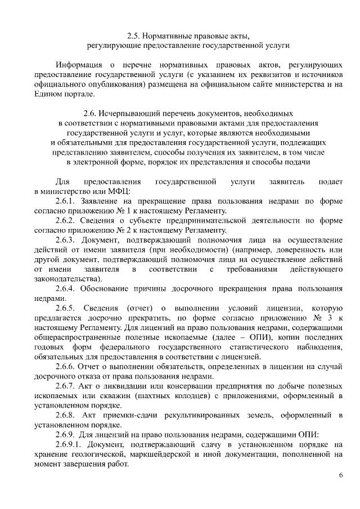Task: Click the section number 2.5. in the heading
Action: pyautogui.click(x=135, y=34)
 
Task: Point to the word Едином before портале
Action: pyautogui.click(x=51, y=94)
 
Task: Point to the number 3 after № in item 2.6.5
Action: pyautogui.click(x=325, y=318)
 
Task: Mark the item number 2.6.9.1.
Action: pyautogui.click(x=69, y=445)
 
